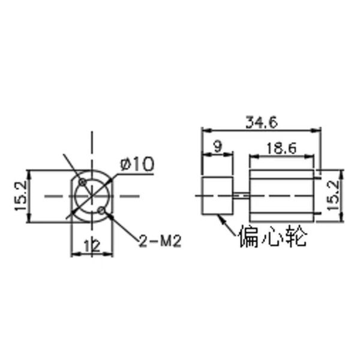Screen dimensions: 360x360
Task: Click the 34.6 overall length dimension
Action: tap(260, 122)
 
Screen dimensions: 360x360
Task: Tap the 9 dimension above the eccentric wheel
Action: tap(217, 146)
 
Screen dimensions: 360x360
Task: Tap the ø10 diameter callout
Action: tap(137, 163)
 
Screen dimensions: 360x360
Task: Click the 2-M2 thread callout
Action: tap(160, 241)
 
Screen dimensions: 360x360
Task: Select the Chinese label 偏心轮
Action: tap(273, 236)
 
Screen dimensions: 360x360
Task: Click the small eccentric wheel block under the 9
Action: tap(217, 196)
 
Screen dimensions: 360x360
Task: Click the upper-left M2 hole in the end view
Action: tap(82, 181)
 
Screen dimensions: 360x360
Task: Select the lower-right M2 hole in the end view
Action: tap(103, 211)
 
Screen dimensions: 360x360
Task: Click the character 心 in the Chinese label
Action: tap(273, 236)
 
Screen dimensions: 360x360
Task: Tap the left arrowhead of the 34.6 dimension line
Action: tap(204, 130)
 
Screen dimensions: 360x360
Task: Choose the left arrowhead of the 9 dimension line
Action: tap(204, 154)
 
